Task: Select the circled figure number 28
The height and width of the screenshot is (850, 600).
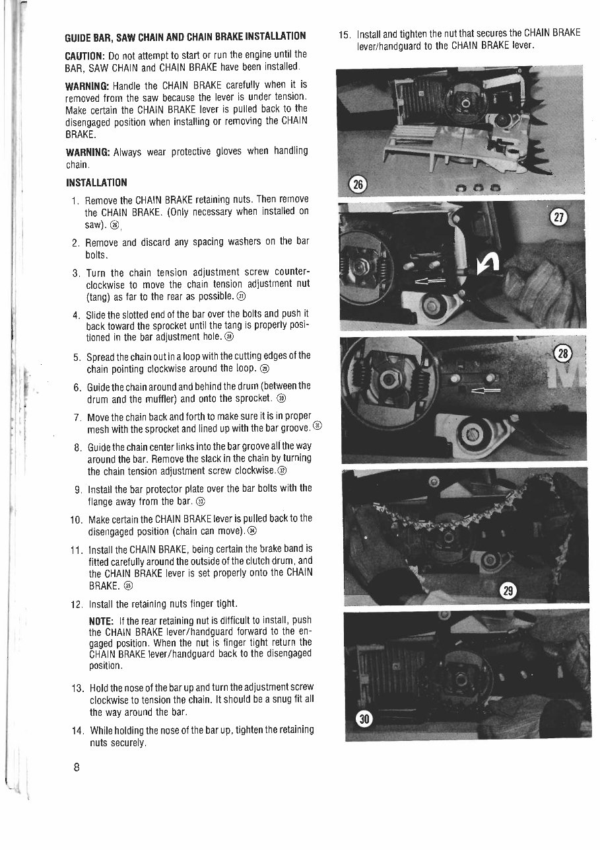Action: tap(563, 354)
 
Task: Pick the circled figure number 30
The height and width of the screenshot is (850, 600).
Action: tap(364, 720)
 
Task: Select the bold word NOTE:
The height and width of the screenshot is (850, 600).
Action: tap(102, 621)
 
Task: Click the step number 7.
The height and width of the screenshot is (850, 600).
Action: tap(77, 417)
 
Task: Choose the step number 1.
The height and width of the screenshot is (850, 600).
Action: tap(77, 200)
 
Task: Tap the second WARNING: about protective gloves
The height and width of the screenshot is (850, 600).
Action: tap(88, 151)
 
